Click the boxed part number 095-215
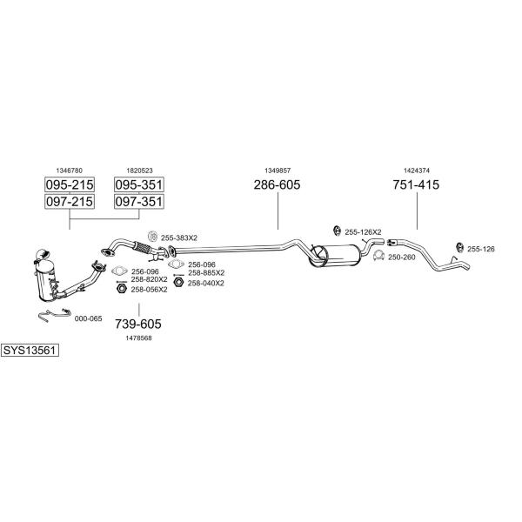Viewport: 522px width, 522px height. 69,184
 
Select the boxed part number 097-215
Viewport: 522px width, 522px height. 69,202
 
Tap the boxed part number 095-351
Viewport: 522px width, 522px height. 138,184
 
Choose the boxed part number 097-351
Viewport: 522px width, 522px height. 138,202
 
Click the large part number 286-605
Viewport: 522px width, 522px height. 277,184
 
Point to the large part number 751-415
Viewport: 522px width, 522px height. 416,184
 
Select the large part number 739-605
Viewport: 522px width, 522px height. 138,324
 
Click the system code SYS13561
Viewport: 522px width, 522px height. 30,351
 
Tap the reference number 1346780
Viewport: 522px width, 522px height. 69,171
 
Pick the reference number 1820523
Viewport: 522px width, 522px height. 139,171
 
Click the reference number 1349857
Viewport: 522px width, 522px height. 277,171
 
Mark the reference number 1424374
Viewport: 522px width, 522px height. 416,171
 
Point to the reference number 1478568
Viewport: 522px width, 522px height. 139,338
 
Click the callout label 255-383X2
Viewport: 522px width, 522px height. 179,238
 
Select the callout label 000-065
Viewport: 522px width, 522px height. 88,318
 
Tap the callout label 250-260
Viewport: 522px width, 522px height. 401,257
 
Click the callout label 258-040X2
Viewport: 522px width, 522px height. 205,283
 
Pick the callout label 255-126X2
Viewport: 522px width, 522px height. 363,232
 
